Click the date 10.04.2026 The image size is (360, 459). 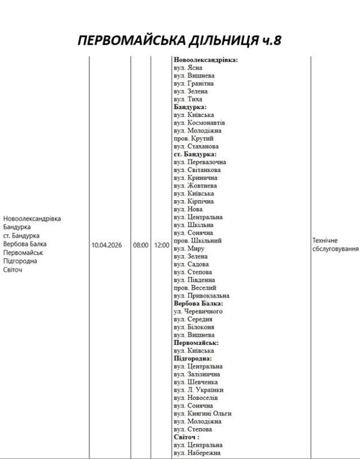click(108, 245)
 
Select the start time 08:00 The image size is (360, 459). click(141, 245)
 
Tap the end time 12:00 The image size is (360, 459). click(162, 245)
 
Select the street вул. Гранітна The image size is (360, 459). click(194, 83)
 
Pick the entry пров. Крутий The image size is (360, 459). click(193, 138)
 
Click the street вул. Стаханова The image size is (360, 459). click(195, 146)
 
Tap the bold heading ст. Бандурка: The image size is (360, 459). click(194, 154)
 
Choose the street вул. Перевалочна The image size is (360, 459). click(199, 162)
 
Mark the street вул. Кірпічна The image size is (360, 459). click(193, 201)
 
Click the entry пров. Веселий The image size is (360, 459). click(195, 288)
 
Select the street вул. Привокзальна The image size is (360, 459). click(201, 295)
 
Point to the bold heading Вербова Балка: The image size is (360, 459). click(198, 304)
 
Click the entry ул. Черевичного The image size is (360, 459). click(198, 312)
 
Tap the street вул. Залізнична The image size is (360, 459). click(197, 374)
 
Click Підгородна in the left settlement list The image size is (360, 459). click(20, 261)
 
